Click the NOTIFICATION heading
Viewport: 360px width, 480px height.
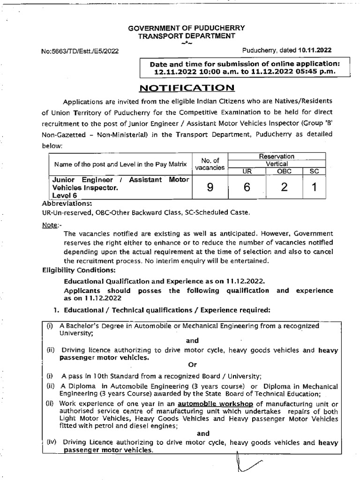187,88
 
